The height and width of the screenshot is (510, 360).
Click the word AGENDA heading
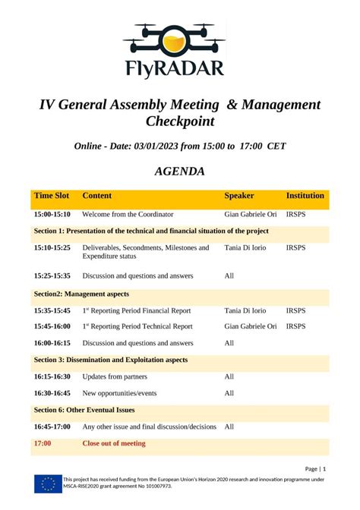[179, 172]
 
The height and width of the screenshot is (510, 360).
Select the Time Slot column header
[52, 196]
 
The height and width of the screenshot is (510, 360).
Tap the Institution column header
[305, 196]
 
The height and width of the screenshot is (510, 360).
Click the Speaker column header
[239, 196]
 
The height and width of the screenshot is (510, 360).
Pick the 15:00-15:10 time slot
[52, 215]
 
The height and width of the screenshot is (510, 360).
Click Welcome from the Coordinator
[128, 215]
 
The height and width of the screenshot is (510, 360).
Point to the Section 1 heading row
[151, 231]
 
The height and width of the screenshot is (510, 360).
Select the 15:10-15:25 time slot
[52, 247]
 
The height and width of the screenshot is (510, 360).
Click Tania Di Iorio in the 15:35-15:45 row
[245, 310]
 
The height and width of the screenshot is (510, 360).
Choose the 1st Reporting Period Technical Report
[137, 326]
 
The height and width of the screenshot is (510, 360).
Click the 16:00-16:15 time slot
[52, 343]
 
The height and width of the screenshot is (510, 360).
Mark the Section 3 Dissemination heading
[111, 360]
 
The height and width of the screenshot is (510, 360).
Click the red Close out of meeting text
[114, 443]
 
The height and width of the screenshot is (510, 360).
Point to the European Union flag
[47, 483]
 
